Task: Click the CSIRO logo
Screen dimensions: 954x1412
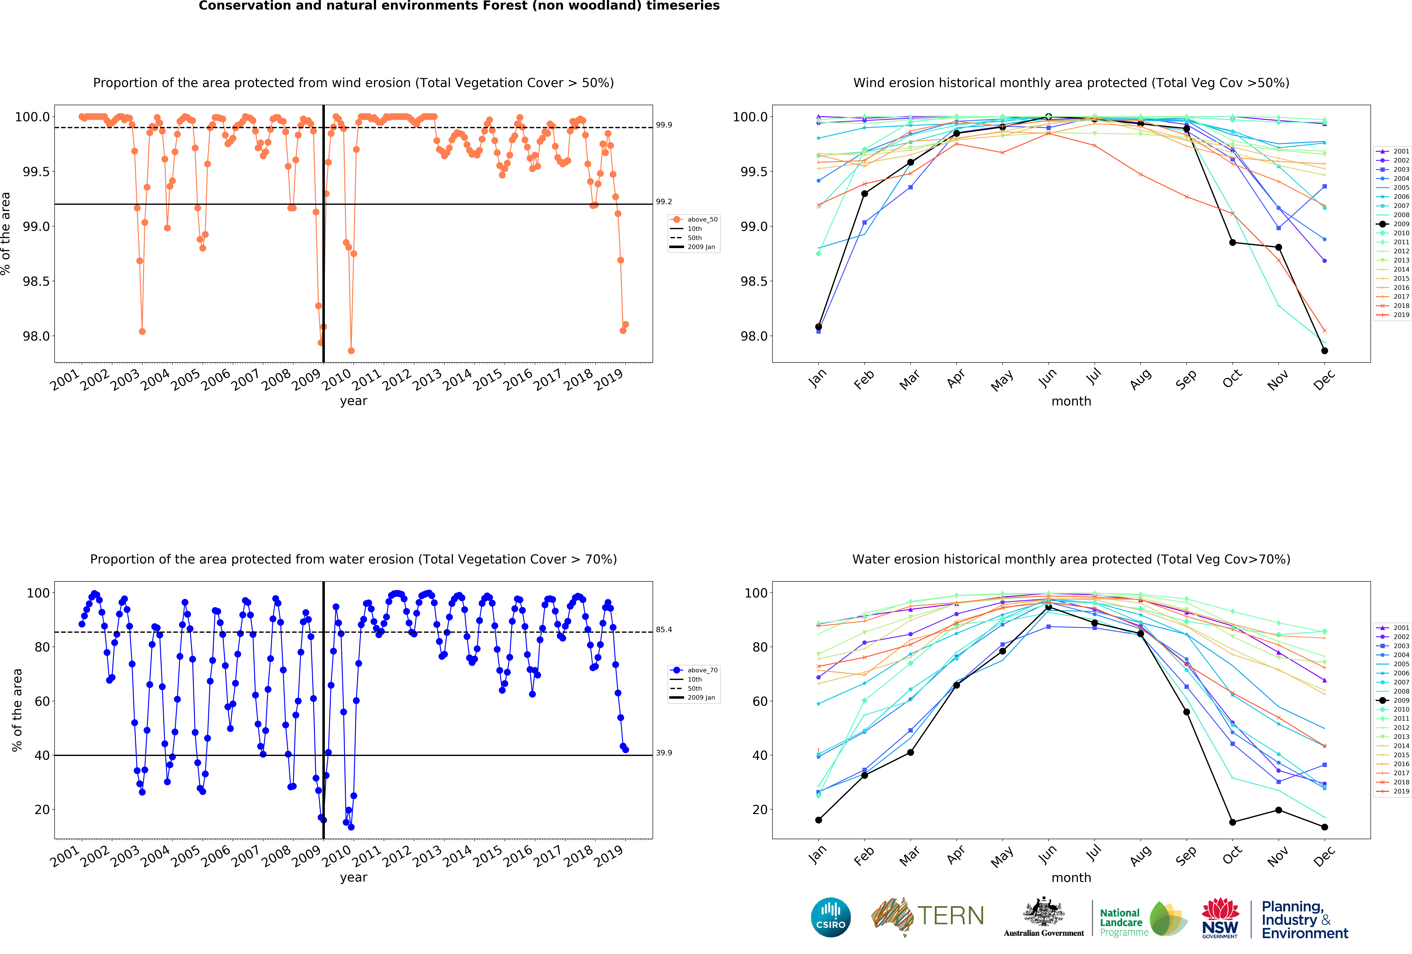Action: click(831, 917)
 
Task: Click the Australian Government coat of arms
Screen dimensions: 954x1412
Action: click(1043, 911)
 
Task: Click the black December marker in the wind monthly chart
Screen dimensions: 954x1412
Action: click(1324, 351)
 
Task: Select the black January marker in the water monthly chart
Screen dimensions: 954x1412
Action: click(818, 820)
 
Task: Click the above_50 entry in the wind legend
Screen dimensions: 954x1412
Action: click(702, 219)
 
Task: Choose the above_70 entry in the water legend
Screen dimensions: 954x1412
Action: click(702, 670)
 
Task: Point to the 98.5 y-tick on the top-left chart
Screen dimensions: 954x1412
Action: click(36, 281)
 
